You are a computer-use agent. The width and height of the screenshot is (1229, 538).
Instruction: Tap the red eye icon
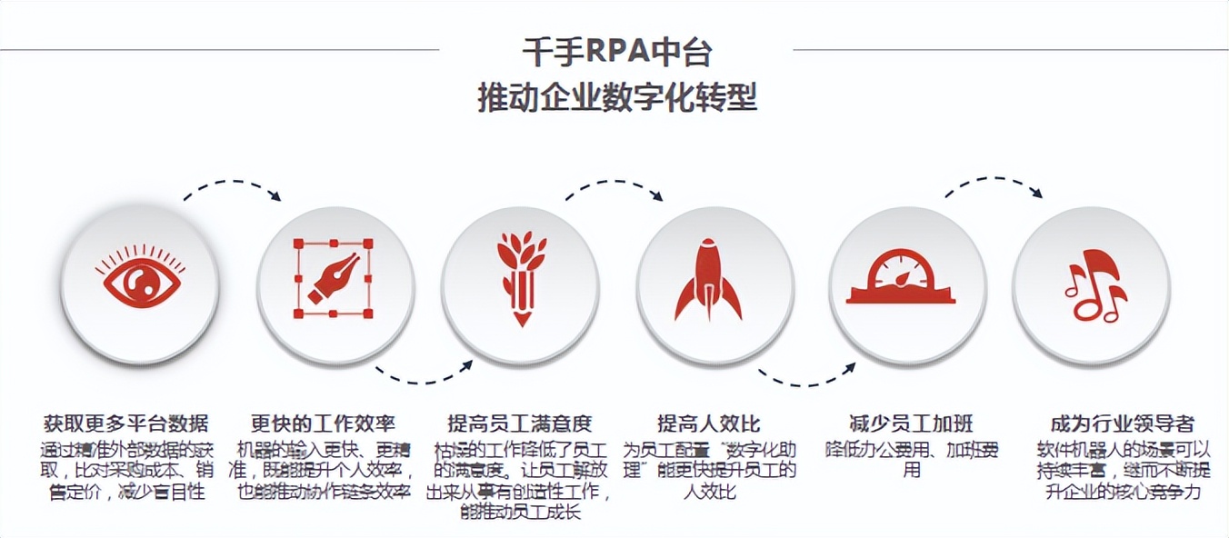point(142,282)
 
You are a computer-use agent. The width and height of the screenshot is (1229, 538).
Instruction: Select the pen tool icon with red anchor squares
point(333,279)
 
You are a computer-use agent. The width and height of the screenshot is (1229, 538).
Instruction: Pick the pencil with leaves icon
point(520,277)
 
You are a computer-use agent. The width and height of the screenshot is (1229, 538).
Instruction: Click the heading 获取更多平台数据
point(126,423)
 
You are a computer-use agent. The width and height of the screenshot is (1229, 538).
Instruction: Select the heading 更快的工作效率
point(324,423)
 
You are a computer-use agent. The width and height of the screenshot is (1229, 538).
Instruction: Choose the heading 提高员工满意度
point(520,423)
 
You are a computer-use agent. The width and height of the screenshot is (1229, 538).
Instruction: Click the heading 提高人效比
point(709,423)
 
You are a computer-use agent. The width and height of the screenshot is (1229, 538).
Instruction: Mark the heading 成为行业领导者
point(1122,423)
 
